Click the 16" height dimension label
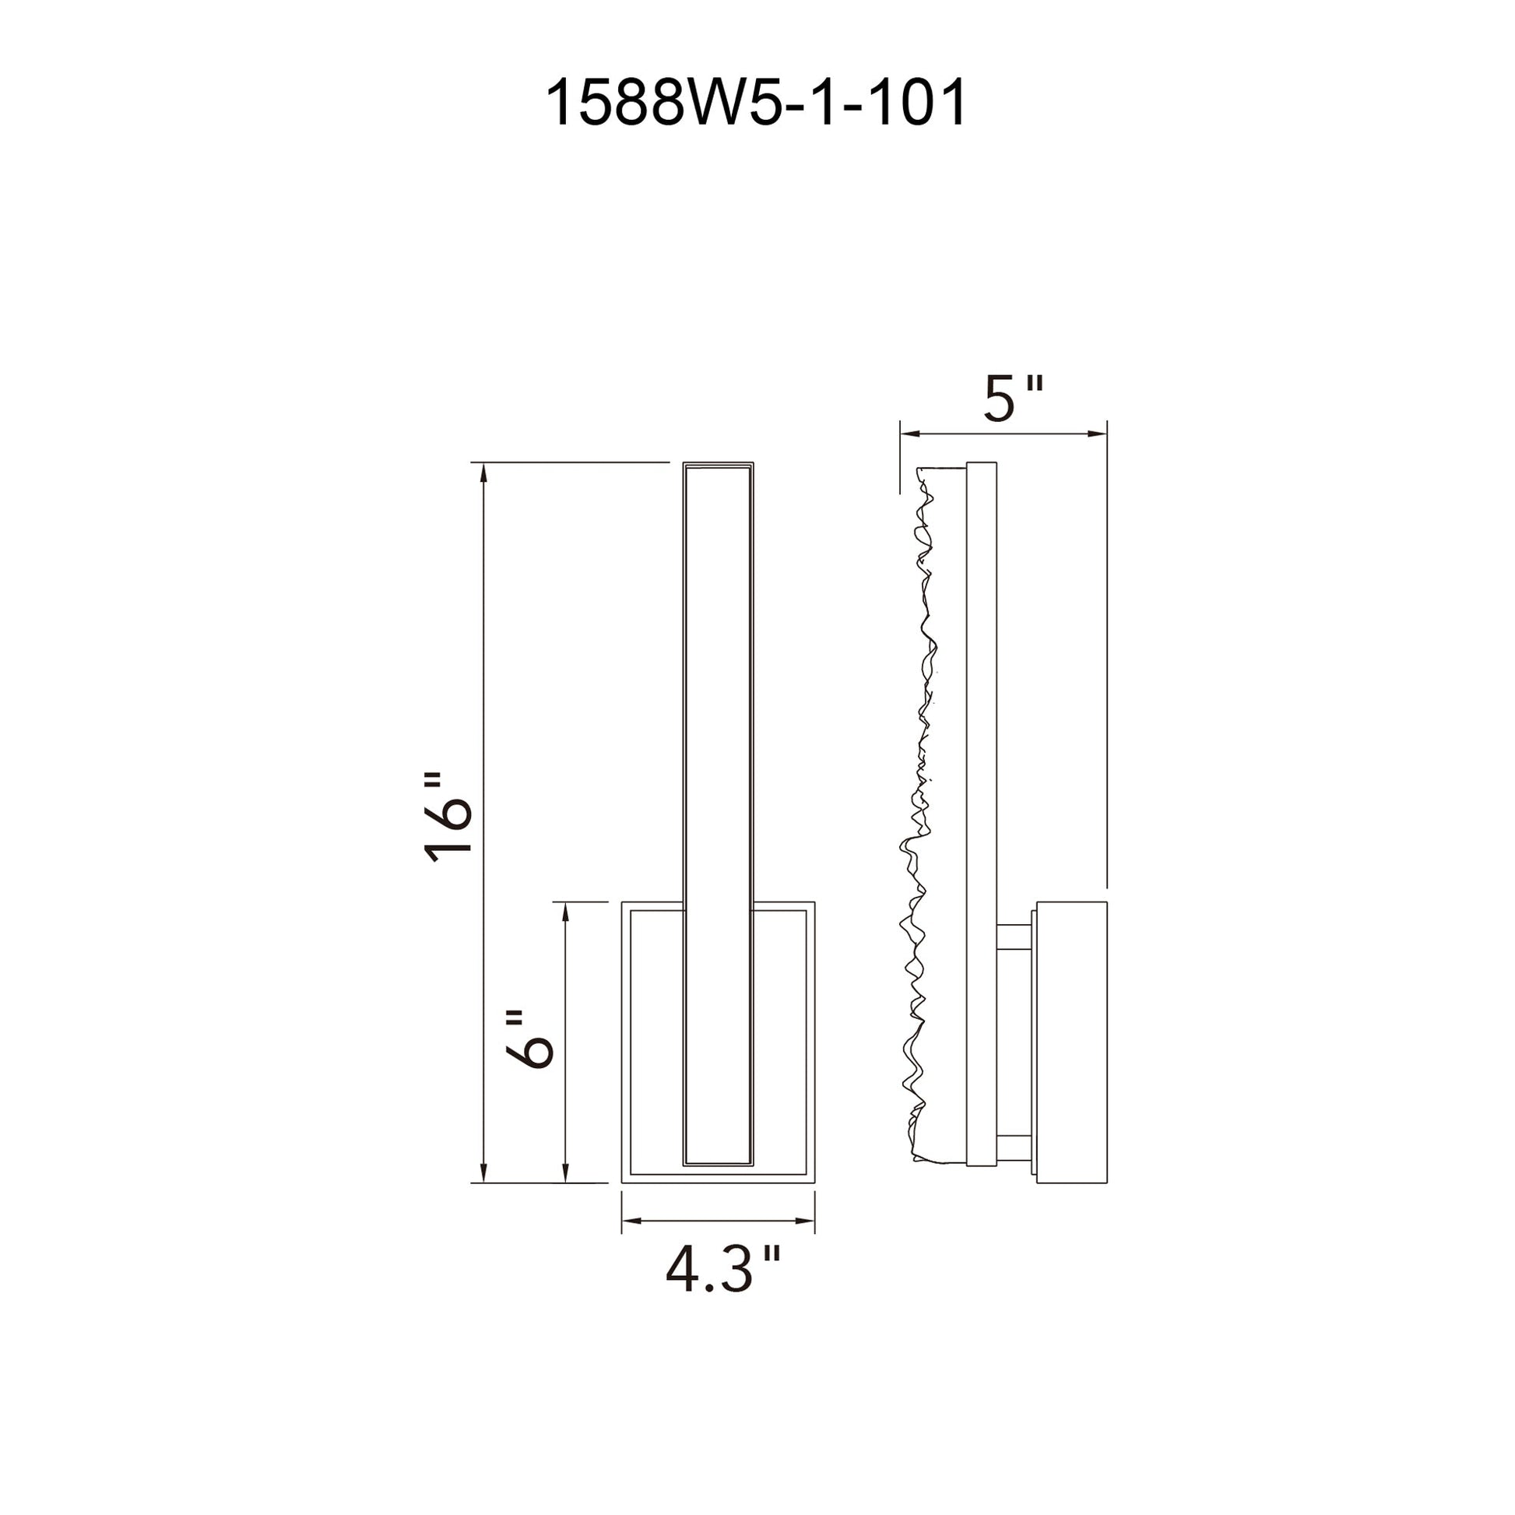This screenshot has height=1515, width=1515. coord(448,818)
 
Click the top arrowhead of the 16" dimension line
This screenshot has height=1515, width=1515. coord(483,472)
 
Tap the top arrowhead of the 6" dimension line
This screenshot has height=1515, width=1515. coord(564,911)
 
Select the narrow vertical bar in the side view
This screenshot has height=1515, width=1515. coord(981,824)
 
